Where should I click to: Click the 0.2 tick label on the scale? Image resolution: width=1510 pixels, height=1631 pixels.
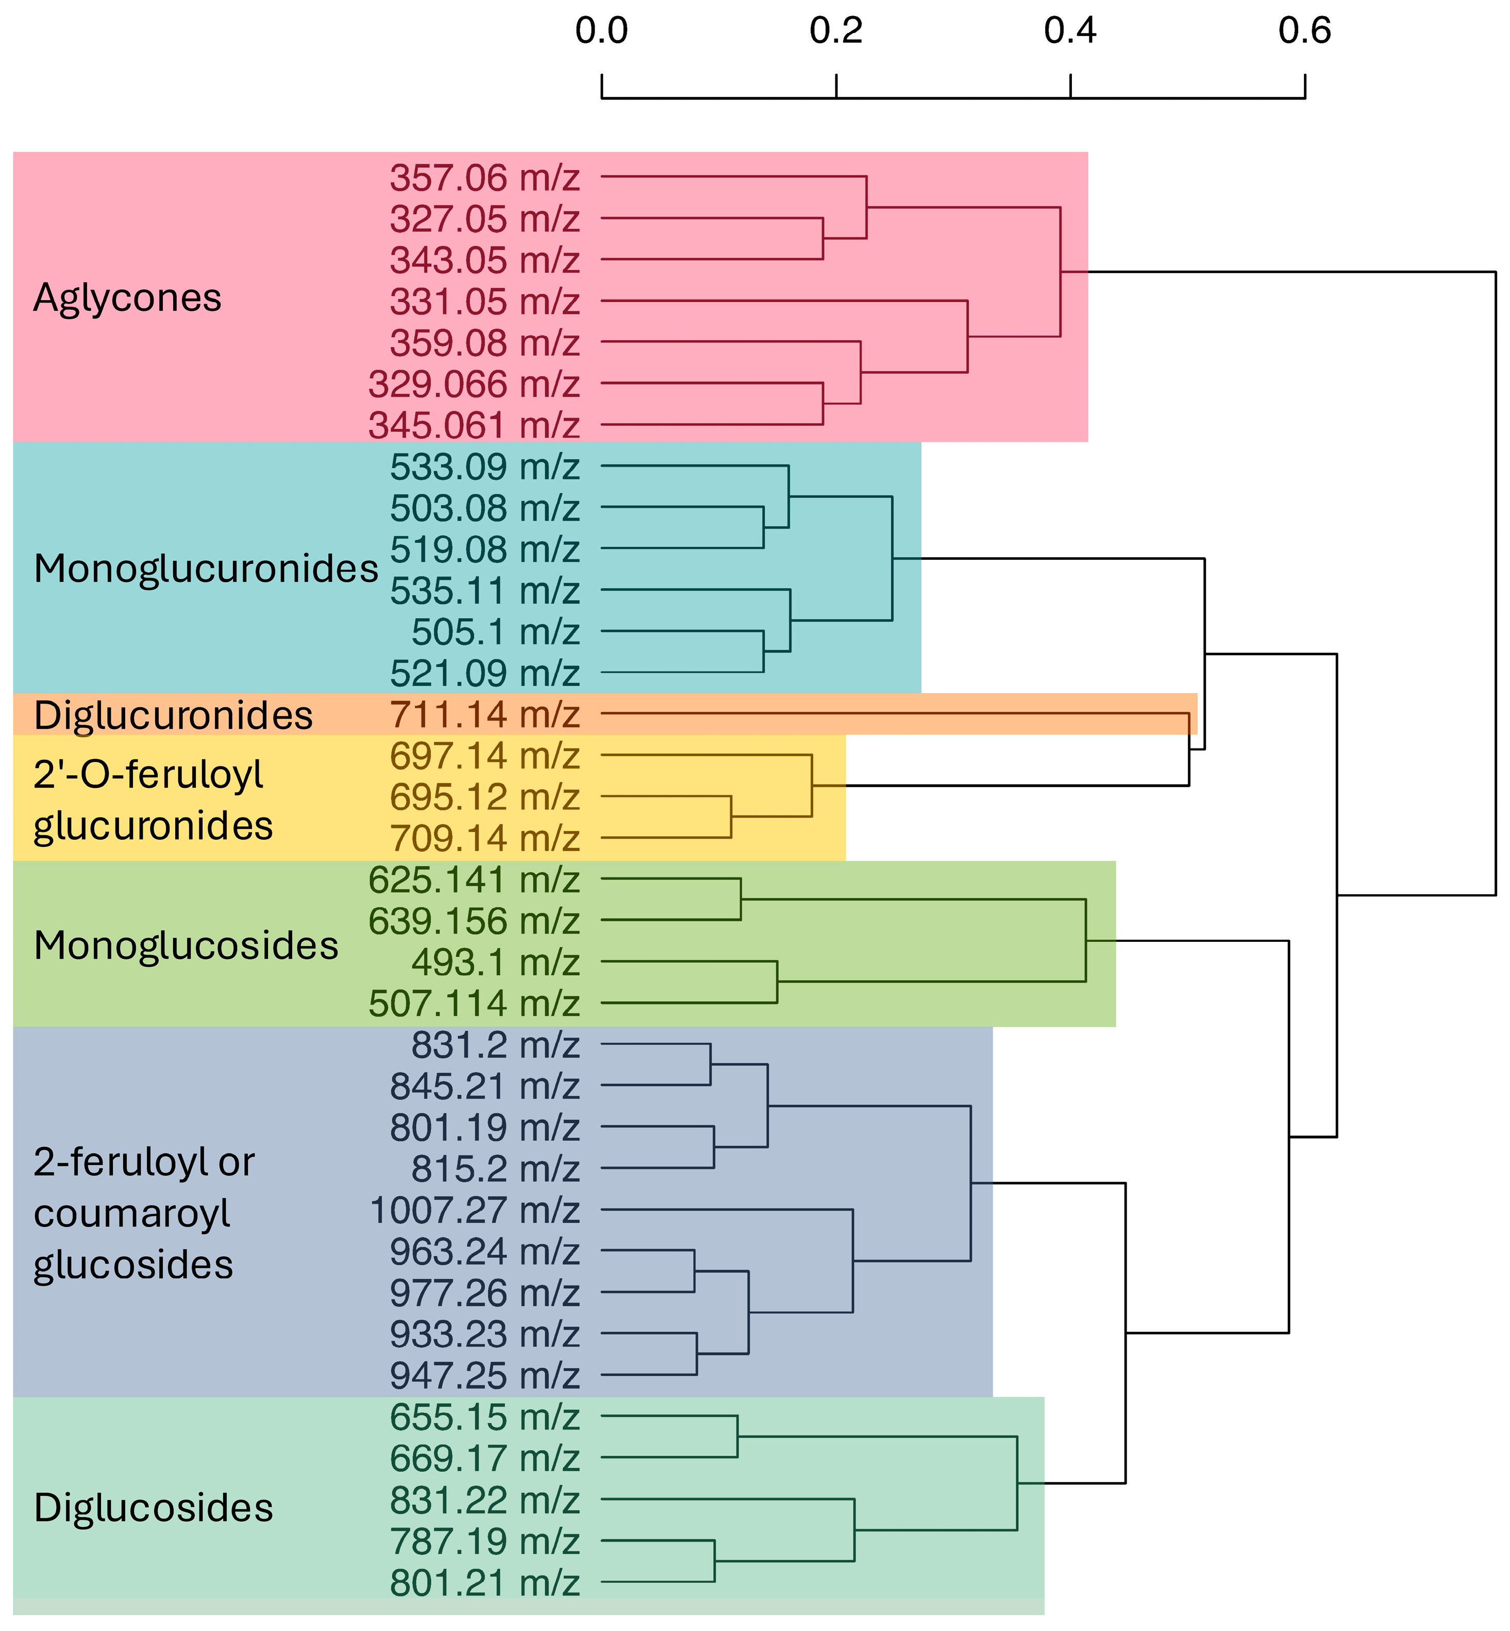click(836, 31)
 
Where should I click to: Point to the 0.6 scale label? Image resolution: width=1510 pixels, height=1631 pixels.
click(1305, 31)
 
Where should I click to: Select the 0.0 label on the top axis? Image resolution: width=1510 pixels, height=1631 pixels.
click(601, 31)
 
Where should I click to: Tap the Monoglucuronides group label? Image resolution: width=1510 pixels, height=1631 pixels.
click(206, 569)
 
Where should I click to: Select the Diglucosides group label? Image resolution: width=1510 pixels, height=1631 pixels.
click(154, 1508)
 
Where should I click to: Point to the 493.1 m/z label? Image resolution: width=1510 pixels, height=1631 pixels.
click(495, 962)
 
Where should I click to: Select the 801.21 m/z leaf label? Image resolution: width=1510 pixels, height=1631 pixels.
click(484, 1583)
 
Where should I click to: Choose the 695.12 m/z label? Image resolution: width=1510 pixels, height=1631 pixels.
click(484, 797)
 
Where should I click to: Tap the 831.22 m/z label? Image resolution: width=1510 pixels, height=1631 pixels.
click(484, 1500)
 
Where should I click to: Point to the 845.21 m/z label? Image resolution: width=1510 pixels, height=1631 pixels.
click(484, 1087)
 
